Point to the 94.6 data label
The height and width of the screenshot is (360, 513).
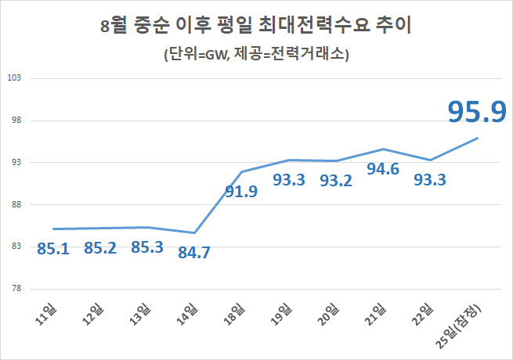click(383, 168)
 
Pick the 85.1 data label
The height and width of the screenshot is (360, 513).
click(52, 249)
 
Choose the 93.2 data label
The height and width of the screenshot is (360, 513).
click(336, 180)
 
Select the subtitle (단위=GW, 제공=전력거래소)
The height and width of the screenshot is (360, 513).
click(256, 55)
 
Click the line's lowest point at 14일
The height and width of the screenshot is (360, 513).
click(194, 232)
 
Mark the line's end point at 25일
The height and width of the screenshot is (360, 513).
click(478, 138)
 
